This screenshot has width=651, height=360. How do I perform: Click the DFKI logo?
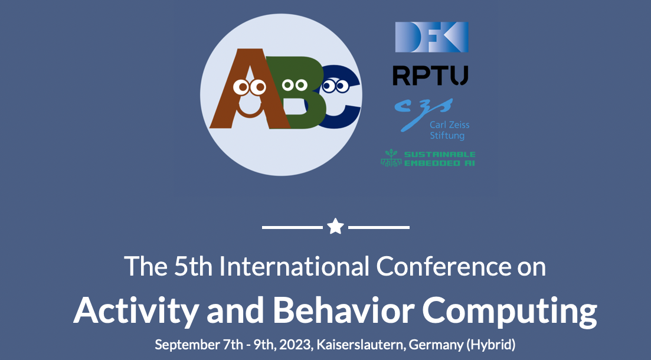point(432,37)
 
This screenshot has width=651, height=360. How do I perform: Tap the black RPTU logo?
point(430,76)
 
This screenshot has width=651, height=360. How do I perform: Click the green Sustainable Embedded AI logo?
point(428,158)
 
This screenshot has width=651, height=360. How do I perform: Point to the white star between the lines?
point(335,227)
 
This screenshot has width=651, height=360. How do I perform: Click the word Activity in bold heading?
point(136,311)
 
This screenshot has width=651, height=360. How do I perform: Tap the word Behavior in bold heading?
point(344,310)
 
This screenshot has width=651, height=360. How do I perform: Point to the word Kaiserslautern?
point(361,345)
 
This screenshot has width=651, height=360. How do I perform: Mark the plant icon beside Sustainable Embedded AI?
point(391,158)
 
